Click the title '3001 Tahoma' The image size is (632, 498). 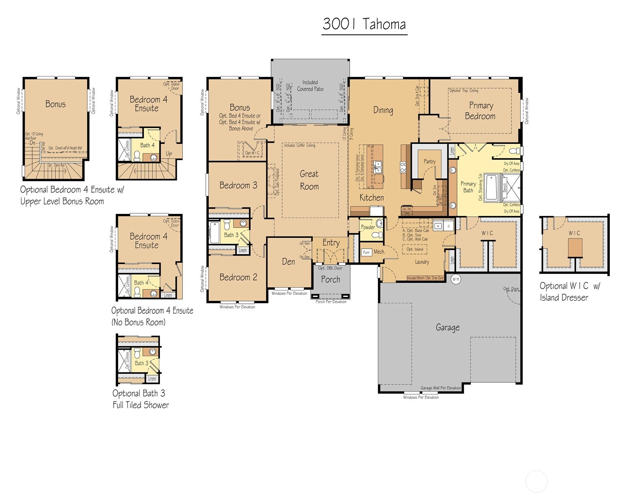pyautogui.click(x=364, y=24)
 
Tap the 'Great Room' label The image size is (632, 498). pyautogui.click(x=309, y=180)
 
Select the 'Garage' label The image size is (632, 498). pyautogui.click(x=447, y=327)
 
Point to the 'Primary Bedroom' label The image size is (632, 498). pyautogui.click(x=480, y=111)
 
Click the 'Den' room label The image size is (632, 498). pyautogui.click(x=288, y=262)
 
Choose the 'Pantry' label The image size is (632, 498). pyautogui.click(x=430, y=161)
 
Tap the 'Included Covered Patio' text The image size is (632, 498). pyautogui.click(x=310, y=85)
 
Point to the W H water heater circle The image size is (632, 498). pyautogui.click(x=456, y=279)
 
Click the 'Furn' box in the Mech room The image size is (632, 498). pyautogui.click(x=366, y=252)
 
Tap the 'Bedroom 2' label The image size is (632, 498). pyautogui.click(x=238, y=277)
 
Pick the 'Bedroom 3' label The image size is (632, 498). pyautogui.click(x=238, y=185)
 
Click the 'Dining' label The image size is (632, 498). pyautogui.click(x=383, y=110)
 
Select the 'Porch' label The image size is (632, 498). pyautogui.click(x=331, y=280)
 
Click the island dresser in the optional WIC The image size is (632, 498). pyautogui.click(x=575, y=248)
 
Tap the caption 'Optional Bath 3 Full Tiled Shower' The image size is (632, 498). pyautogui.click(x=140, y=399)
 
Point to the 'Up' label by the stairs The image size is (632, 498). pyautogui.click(x=169, y=154)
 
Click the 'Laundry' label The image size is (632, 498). pyautogui.click(x=422, y=262)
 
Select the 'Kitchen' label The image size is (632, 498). pyautogui.click(x=371, y=198)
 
